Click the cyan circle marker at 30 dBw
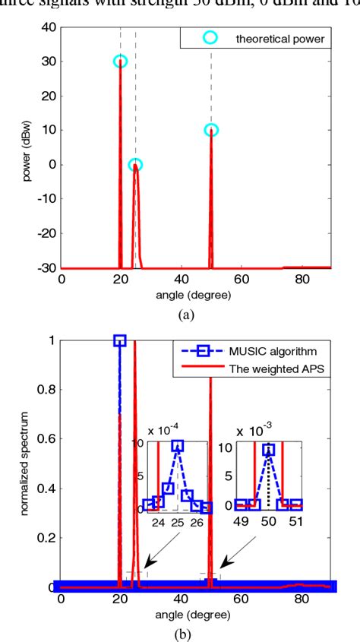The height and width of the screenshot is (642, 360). pyautogui.click(x=120, y=62)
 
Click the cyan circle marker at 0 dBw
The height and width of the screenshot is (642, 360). pyautogui.click(x=135, y=164)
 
